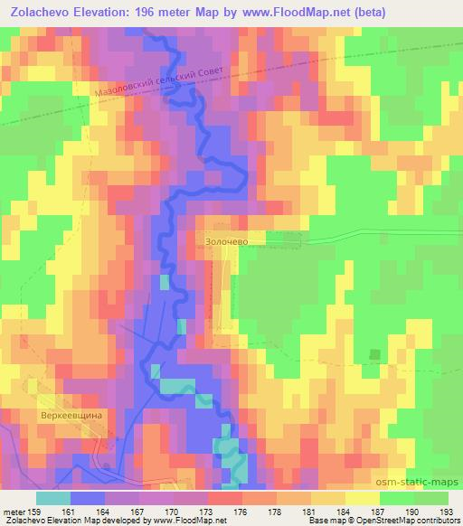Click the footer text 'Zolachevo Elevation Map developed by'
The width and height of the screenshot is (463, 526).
tap(68, 521)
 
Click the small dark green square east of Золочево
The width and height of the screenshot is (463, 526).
tap(374, 354)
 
